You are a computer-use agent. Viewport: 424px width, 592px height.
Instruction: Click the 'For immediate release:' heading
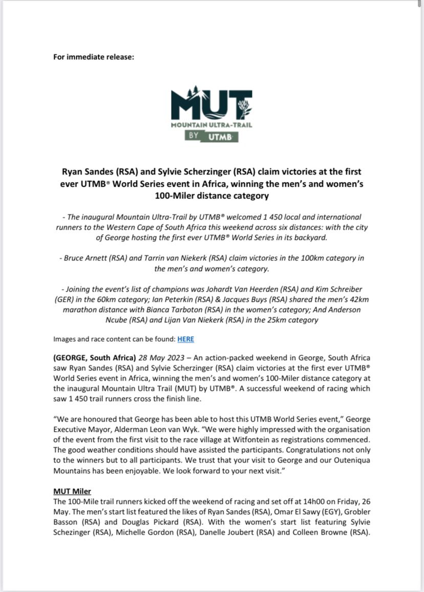coord(93,56)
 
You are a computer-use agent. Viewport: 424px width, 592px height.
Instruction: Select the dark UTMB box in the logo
coord(222,136)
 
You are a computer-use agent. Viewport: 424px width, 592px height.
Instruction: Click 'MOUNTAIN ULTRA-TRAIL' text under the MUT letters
coord(211,124)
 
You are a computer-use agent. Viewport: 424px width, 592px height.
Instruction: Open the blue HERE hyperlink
coord(185,339)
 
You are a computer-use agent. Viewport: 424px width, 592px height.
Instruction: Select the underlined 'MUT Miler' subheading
coord(72,491)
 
